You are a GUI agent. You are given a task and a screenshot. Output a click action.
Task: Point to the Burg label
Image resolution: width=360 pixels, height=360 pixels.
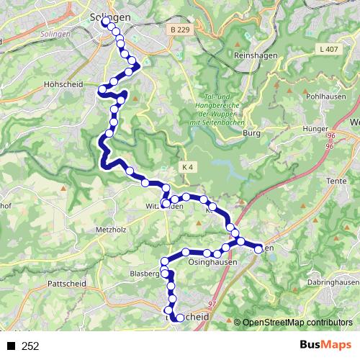click(251, 132)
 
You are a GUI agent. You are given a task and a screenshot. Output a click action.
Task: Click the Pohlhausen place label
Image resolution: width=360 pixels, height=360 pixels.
click(323, 95)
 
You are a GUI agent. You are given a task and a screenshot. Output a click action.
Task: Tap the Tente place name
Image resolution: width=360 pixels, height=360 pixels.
click(336, 180)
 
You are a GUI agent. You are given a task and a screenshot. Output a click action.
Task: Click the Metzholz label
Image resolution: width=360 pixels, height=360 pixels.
click(110, 230)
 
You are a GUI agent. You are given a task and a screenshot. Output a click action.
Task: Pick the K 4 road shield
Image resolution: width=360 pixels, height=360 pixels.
click(188, 167)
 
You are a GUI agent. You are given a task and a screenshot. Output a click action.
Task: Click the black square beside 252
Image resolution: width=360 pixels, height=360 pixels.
click(11, 346)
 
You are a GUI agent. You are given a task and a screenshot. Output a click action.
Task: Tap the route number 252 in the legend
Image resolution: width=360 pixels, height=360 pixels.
click(30, 346)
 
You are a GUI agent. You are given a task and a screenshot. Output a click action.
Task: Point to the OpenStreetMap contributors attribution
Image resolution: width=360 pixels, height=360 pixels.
click(297, 322)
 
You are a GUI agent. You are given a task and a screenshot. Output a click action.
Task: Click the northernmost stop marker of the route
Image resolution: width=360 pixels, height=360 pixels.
click(106, 22)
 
